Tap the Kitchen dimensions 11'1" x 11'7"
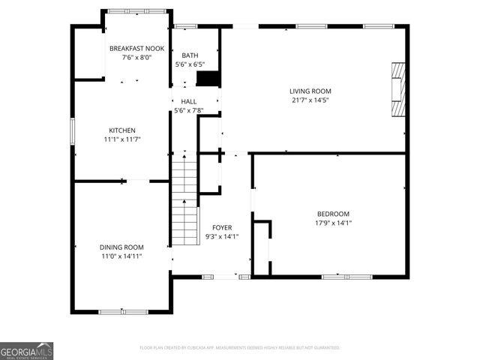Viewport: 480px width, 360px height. click(122, 139)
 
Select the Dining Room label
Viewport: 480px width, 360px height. click(121, 247)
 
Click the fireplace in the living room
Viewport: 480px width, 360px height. click(397, 88)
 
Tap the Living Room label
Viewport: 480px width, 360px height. click(310, 91)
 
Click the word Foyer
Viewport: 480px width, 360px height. click(221, 227)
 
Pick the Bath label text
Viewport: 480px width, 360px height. click(189, 55)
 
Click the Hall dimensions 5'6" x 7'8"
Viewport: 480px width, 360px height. click(189, 111)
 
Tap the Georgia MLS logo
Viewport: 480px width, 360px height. click(26, 351)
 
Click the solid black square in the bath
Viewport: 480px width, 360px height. click(211, 80)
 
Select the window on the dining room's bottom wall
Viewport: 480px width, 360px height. click(124, 311)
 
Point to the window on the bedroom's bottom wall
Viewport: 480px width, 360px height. click(337, 277)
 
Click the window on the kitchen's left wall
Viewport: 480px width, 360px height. click(73, 132)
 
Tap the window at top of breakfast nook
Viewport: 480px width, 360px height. click(136, 10)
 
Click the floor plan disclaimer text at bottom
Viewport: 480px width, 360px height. click(239, 348)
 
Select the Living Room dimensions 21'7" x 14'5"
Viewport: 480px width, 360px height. click(310, 100)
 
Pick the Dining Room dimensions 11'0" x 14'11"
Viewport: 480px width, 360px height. click(121, 256)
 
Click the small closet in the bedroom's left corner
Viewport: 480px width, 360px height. click(261, 247)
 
